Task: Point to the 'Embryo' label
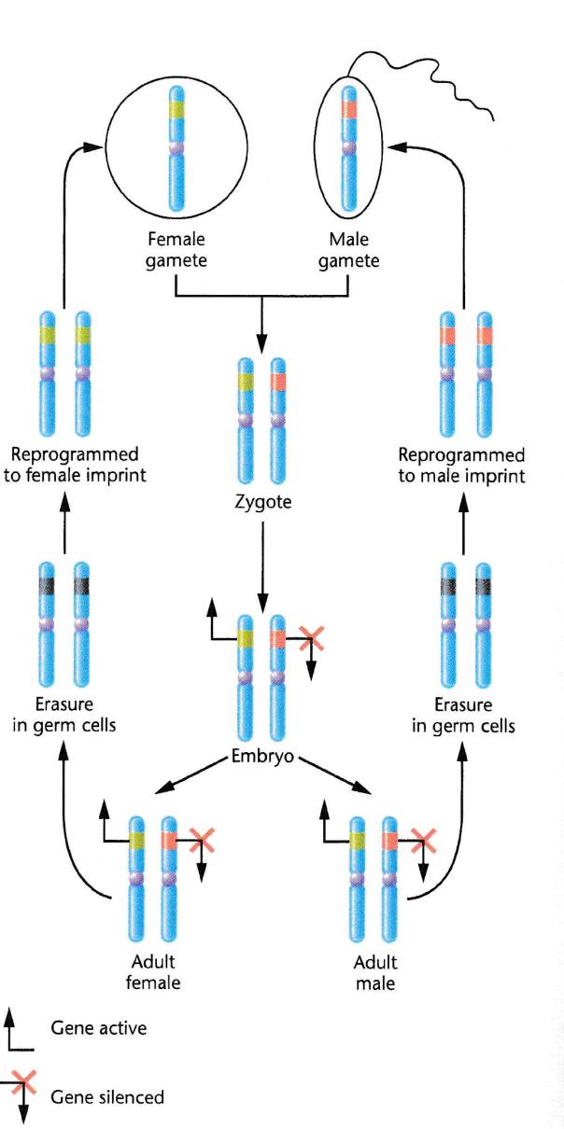point(262,756)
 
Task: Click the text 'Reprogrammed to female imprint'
point(64,465)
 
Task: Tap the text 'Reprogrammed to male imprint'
point(461,465)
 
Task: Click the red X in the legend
point(26,1082)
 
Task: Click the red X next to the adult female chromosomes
point(200,839)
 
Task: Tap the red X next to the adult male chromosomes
point(422,839)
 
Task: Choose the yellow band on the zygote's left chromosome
point(246,381)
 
